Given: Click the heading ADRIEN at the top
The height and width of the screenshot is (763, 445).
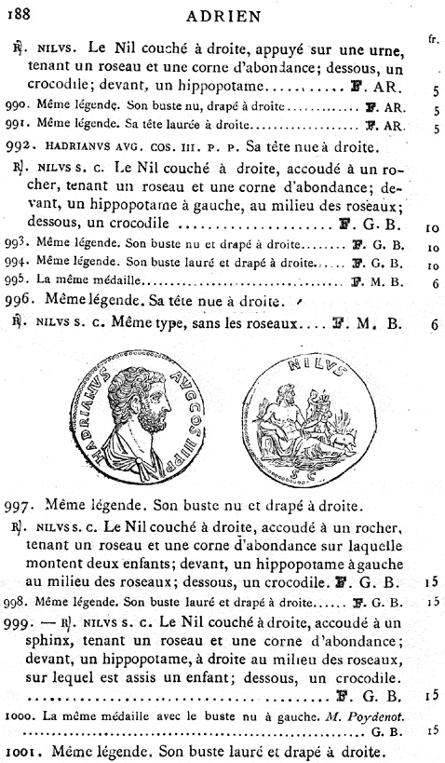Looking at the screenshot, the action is pos(222,16).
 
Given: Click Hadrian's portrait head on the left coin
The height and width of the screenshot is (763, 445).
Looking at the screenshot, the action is pos(145,400).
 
